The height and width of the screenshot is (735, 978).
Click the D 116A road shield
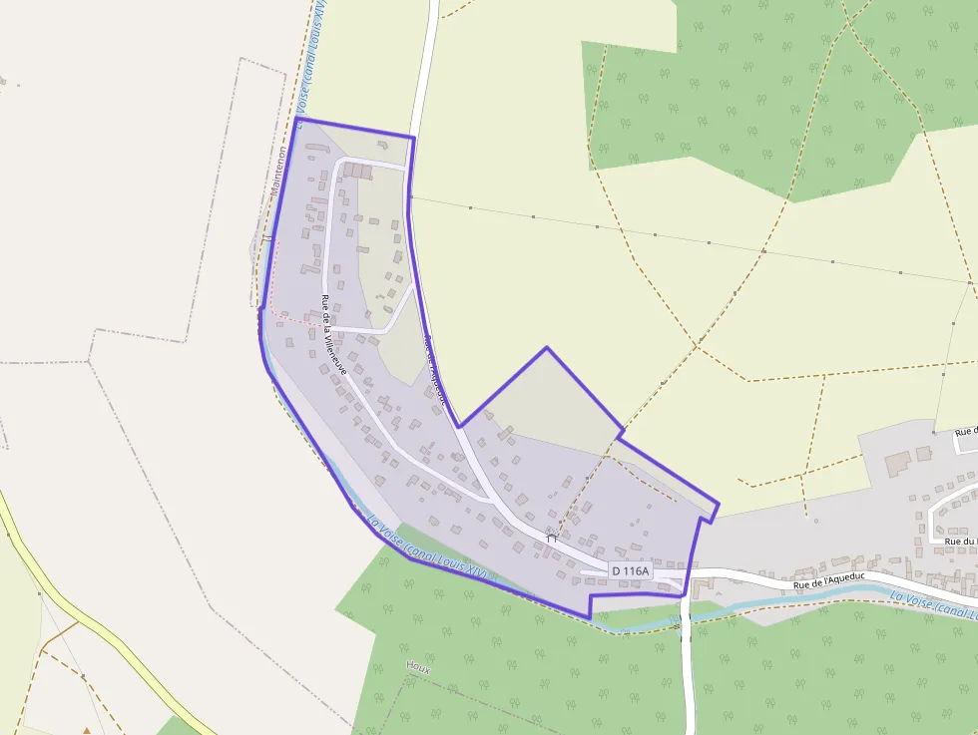(x=631, y=570)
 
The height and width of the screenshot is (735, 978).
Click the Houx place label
(x=418, y=667)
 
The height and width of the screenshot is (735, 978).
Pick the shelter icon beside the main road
(x=551, y=539)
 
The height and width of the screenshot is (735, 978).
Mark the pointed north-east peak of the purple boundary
(x=546, y=348)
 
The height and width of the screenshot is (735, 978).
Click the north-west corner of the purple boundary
(x=296, y=119)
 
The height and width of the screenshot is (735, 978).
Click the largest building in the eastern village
(x=898, y=463)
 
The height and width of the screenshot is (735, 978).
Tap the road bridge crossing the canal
(x=686, y=618)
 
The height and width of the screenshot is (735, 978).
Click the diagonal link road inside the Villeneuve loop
(x=400, y=308)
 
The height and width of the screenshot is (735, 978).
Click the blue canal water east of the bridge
(x=798, y=598)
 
